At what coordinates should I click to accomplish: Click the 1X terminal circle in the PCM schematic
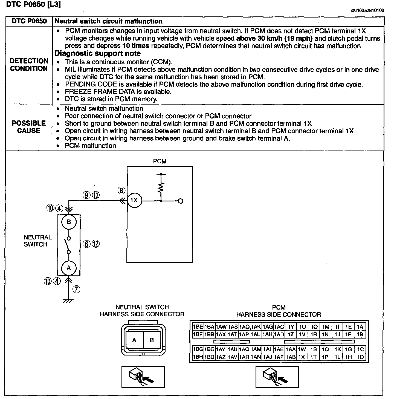[134, 200]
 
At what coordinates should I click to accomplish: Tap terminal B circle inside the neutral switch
[69, 222]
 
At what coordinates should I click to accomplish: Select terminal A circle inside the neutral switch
[68, 268]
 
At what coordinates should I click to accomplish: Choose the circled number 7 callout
[76, 289]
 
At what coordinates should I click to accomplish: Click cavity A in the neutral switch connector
[134, 340]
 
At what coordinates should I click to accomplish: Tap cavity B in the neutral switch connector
[152, 340]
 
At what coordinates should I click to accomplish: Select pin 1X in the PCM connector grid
[302, 357]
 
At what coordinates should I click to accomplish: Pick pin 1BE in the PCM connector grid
[198, 327]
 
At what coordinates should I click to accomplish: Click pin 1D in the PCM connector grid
[360, 357]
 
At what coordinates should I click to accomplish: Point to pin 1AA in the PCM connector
[291, 349]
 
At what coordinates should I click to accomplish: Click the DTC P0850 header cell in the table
[29, 21]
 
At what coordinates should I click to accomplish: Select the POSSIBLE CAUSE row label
[29, 127]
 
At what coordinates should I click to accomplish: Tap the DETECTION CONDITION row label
[29, 65]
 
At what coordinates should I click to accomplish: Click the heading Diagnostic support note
[98, 53]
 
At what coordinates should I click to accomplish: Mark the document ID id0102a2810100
[367, 11]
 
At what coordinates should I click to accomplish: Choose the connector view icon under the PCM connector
[277, 377]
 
